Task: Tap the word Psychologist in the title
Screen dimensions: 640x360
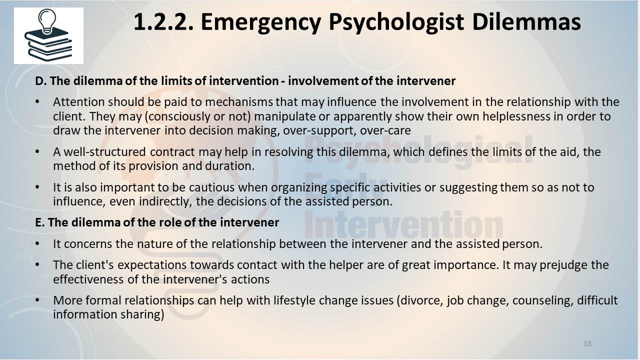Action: [396, 22]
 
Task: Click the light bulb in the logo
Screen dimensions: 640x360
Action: [47, 20]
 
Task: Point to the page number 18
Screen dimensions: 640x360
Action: [587, 343]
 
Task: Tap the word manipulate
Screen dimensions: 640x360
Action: [284, 116]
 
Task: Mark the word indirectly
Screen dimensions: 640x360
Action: [165, 201]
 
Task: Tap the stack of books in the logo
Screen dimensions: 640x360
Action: [48, 44]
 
